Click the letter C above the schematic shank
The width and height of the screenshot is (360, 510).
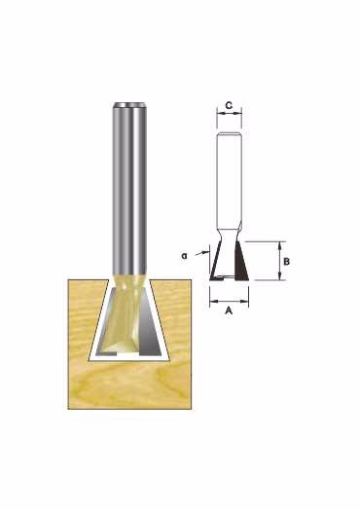(x=229, y=105)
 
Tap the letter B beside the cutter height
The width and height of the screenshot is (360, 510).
(x=286, y=262)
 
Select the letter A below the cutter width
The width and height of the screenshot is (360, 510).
(x=229, y=310)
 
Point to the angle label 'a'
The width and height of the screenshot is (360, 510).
(x=185, y=256)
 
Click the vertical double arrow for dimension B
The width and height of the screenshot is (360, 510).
(x=279, y=261)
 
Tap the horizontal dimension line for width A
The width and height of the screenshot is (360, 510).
(x=229, y=302)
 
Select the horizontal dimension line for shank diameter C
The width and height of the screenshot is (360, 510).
(x=230, y=114)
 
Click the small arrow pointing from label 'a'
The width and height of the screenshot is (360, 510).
(x=202, y=253)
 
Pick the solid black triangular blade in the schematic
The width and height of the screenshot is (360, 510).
(x=241, y=261)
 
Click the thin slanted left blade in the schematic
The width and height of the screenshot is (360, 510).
(x=214, y=262)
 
